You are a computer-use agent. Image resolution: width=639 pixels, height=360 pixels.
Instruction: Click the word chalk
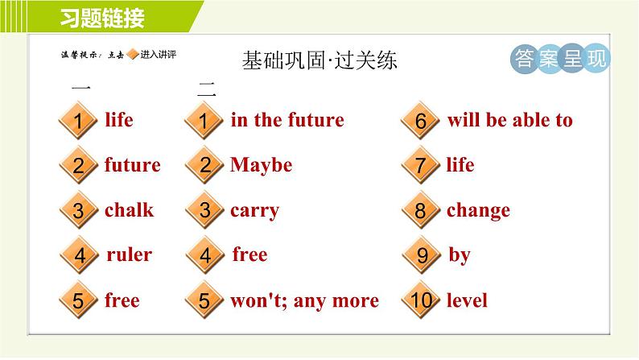(x=130, y=210)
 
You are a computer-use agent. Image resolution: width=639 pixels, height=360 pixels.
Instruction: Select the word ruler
(x=130, y=254)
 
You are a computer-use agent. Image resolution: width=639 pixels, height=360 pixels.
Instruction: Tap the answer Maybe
(x=262, y=165)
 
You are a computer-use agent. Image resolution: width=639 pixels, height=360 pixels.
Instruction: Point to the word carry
(x=254, y=211)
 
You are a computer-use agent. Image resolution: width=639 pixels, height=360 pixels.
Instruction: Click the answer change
(x=478, y=211)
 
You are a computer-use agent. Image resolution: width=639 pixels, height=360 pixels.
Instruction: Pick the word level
(x=467, y=300)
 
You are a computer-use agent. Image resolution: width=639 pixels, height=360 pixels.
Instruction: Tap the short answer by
(x=460, y=255)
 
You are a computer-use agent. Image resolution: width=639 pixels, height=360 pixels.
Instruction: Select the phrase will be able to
(x=509, y=120)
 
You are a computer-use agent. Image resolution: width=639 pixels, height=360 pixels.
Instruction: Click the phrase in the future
(x=287, y=120)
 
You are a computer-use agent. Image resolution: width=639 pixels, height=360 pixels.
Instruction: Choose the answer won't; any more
(x=304, y=301)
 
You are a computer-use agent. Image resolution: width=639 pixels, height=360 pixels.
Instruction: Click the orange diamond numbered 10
(x=421, y=300)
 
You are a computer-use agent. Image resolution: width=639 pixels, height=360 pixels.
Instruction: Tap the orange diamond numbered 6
(x=421, y=120)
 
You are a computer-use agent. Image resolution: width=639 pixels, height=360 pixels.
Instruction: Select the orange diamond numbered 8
(x=421, y=210)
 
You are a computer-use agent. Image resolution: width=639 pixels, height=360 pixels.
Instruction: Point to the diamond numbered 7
(x=421, y=165)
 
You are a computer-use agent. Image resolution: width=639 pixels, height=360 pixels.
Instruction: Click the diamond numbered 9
(x=422, y=255)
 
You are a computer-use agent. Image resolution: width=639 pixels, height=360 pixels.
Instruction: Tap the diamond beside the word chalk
(x=79, y=210)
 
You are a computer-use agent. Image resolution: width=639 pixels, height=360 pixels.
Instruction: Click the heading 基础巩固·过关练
(x=319, y=60)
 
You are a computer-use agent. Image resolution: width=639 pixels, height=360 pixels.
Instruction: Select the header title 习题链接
(x=102, y=18)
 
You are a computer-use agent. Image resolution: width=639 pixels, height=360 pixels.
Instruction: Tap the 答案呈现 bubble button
(x=560, y=58)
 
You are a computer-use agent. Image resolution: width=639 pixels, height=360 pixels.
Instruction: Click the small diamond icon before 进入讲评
(x=133, y=54)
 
